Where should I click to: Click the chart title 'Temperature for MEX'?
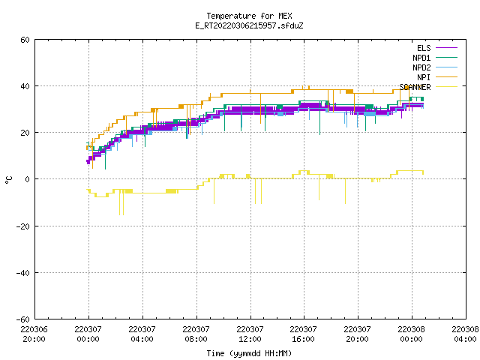(249, 16)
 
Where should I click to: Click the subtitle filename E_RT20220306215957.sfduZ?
(249, 25)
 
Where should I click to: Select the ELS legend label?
(424, 48)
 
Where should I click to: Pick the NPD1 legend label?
(421, 58)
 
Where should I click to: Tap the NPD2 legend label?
(421, 67)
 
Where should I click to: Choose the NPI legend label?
(424, 77)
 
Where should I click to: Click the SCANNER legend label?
(415, 87)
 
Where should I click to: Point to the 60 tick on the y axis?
(25, 40)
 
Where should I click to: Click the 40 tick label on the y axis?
(25, 86)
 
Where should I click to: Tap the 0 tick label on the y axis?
(27, 179)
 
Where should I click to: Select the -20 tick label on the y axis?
(23, 226)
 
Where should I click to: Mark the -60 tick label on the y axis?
(23, 319)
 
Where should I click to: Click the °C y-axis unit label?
(8, 180)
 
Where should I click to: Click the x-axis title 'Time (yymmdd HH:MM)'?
(249, 353)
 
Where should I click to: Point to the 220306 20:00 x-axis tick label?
(34, 334)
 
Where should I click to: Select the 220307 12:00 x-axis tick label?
(250, 334)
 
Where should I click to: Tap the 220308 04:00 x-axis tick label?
(465, 334)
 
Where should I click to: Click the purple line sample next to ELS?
(446, 48)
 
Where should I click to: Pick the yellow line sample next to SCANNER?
(446, 87)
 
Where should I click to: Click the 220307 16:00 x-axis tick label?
(303, 334)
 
